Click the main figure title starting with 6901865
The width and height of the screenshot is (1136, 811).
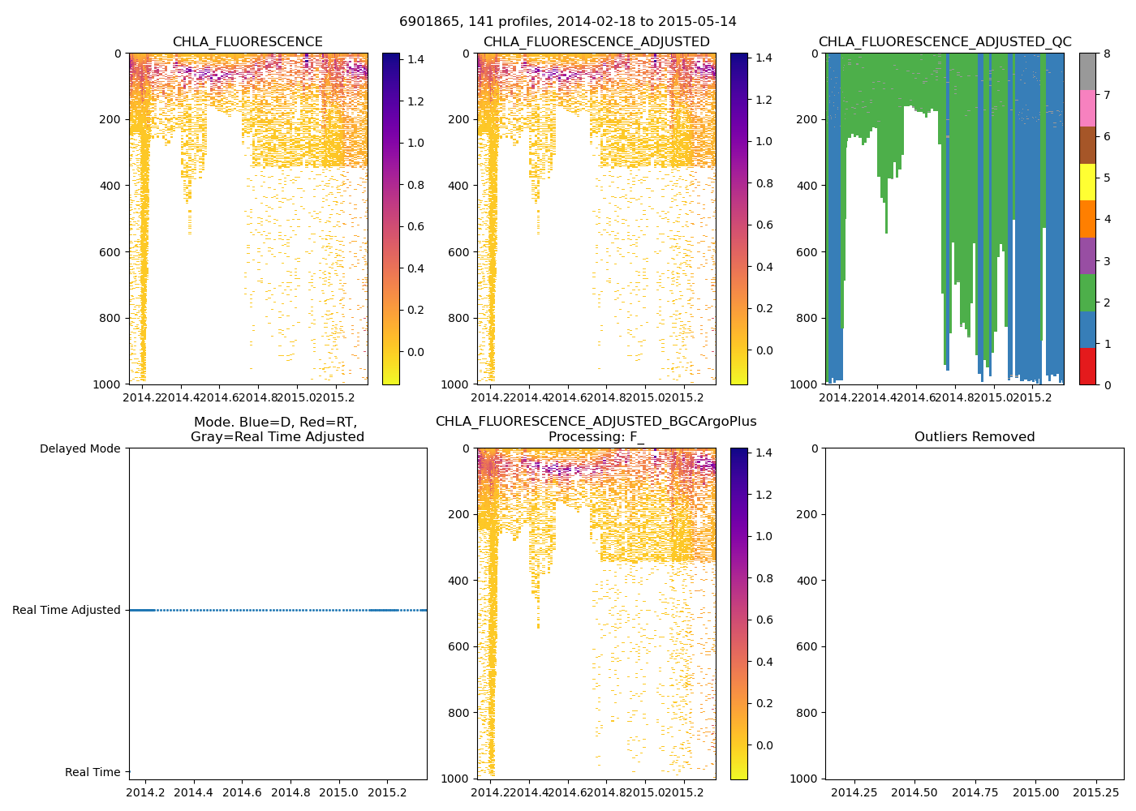(567, 22)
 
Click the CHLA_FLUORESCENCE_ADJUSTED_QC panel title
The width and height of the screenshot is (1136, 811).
(945, 42)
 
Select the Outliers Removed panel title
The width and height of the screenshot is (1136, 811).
(974, 437)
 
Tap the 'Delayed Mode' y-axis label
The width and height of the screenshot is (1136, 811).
(80, 448)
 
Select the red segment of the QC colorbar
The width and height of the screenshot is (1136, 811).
(1087, 366)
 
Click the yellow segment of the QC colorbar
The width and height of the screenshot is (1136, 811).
(1087, 182)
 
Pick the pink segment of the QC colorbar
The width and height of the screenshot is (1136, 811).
(1087, 108)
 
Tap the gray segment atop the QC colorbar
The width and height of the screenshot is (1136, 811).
(1087, 71)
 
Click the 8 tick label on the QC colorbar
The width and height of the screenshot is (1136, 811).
(1106, 54)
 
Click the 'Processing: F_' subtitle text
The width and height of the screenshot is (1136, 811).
(596, 437)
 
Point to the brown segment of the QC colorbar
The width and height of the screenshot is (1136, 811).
(1087, 145)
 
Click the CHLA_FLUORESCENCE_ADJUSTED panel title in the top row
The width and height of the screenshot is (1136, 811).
(596, 42)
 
